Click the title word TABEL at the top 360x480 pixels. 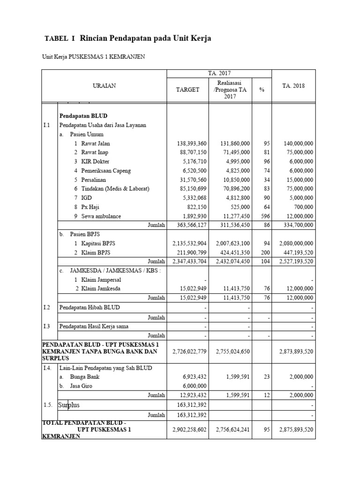click(x=56, y=39)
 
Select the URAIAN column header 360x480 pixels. click(x=105, y=85)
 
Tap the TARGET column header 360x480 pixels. click(x=187, y=89)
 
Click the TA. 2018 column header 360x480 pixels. click(x=293, y=86)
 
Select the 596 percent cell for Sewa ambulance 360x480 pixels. click(x=265, y=216)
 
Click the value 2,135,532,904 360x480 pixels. click(x=187, y=243)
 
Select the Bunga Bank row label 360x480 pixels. click(x=85, y=376)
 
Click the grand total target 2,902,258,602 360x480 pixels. click(x=187, y=428)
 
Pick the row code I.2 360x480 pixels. click(x=46, y=307)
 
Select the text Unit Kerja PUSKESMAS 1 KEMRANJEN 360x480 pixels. click(x=94, y=57)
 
